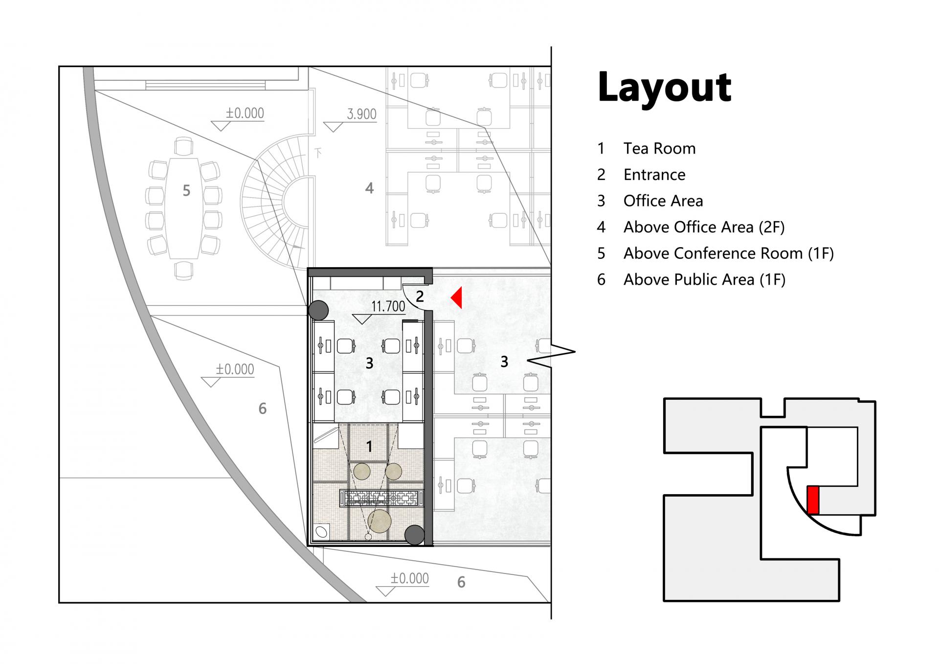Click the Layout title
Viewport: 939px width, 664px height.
pyautogui.click(x=664, y=88)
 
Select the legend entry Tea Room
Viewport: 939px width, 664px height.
pyautogui.click(x=659, y=148)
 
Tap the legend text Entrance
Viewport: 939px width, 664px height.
pyautogui.click(x=654, y=175)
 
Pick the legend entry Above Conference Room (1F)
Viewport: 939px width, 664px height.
pyautogui.click(x=728, y=253)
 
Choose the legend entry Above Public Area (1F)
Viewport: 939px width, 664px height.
pyautogui.click(x=704, y=279)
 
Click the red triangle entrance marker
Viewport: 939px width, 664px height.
pyautogui.click(x=457, y=298)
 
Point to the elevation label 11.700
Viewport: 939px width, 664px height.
pyautogui.click(x=388, y=306)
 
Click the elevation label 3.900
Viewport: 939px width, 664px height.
pyautogui.click(x=361, y=114)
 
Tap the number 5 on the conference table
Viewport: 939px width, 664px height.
pyautogui.click(x=186, y=191)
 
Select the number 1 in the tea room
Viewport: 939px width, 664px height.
pyautogui.click(x=369, y=446)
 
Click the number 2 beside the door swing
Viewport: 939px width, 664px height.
pyautogui.click(x=420, y=296)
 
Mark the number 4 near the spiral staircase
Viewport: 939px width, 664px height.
pyautogui.click(x=369, y=188)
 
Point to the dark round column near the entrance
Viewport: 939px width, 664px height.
pyautogui.click(x=318, y=310)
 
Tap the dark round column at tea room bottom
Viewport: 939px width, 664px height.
pyautogui.click(x=415, y=535)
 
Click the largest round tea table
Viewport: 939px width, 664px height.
pyautogui.click(x=380, y=522)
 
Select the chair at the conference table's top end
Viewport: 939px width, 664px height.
pyautogui.click(x=183, y=146)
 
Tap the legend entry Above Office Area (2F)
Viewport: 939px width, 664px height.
pyautogui.click(x=704, y=227)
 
